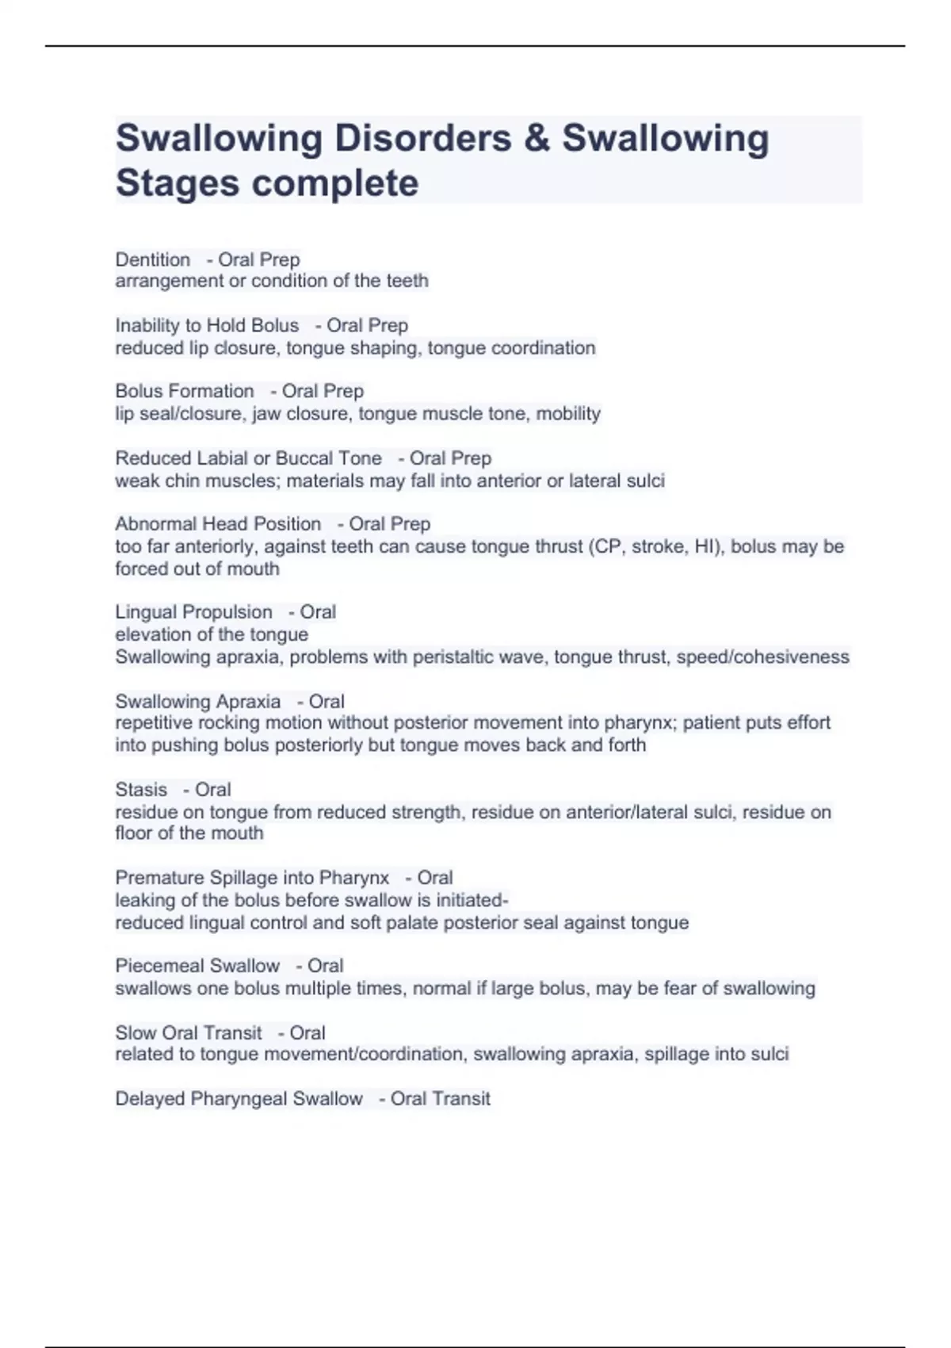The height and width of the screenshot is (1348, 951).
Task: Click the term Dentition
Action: (153, 259)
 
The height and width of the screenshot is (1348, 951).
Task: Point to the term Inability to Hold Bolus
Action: (207, 325)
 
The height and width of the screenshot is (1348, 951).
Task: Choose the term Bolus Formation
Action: (185, 391)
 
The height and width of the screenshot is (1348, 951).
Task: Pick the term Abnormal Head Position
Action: (218, 524)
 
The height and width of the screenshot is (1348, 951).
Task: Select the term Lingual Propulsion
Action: (193, 612)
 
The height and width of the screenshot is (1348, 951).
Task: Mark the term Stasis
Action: (141, 790)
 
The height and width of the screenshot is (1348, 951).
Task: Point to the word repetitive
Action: (154, 722)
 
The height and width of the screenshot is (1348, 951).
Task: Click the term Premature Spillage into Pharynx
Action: (252, 878)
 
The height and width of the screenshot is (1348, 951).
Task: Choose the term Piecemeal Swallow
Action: (197, 966)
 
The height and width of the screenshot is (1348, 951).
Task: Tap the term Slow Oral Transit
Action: (189, 1032)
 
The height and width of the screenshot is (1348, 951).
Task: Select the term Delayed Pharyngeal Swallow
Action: (239, 1099)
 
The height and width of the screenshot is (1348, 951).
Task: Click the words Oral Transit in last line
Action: (441, 1099)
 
